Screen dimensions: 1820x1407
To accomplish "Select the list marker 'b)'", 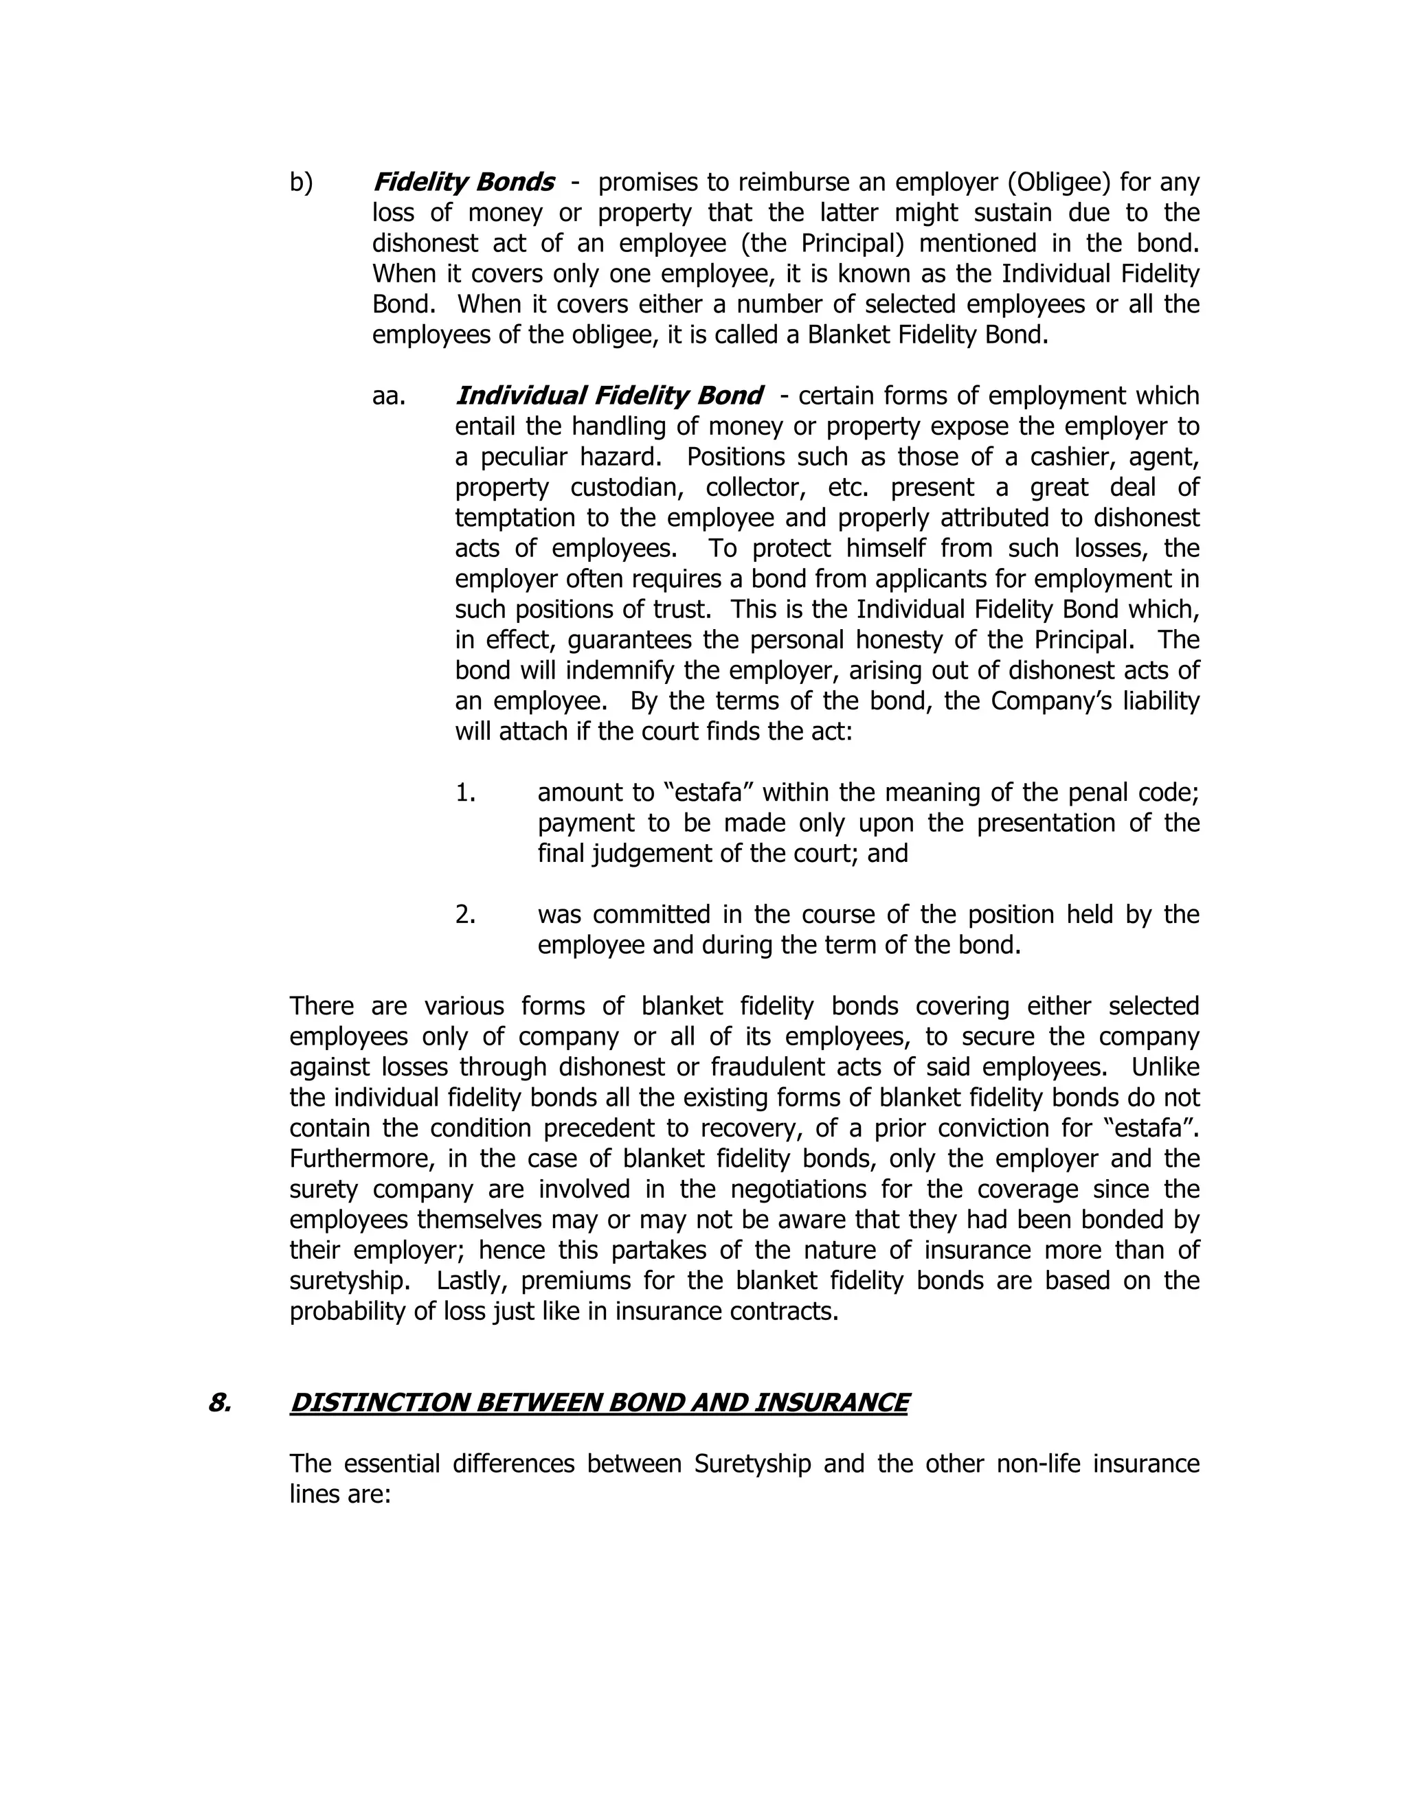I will [301, 182].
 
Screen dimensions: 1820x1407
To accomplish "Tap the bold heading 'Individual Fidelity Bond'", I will [609, 395].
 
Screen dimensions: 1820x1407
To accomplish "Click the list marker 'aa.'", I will [388, 396].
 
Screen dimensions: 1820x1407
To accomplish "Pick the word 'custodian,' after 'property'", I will [628, 488].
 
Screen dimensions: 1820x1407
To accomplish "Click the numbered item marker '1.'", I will [465, 793].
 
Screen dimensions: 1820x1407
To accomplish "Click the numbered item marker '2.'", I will [465, 915].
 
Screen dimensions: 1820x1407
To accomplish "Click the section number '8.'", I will [219, 1403].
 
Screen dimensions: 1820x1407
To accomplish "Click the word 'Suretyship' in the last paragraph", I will [752, 1464].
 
